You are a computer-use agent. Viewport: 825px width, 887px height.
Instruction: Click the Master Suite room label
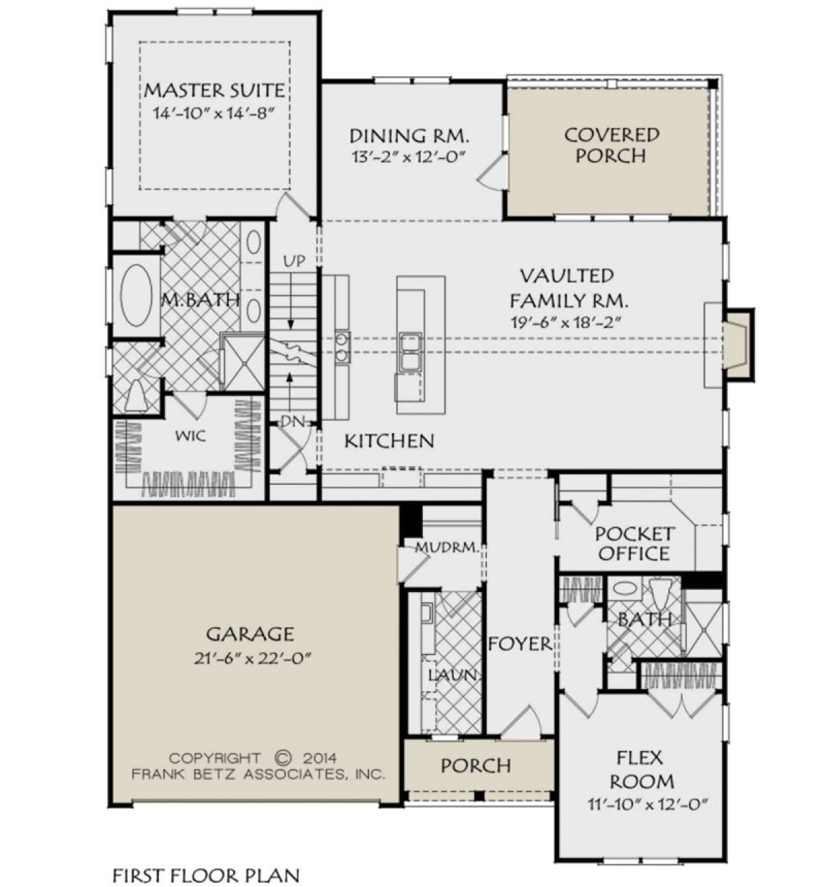pos(214,91)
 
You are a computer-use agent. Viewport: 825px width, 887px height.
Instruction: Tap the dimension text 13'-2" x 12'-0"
pos(408,157)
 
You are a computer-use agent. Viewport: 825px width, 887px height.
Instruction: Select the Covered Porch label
pos(611,145)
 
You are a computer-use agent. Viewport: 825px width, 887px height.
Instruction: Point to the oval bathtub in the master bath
pos(136,295)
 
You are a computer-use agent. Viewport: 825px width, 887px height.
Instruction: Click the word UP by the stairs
pos(294,261)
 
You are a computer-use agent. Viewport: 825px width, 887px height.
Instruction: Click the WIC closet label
pos(190,435)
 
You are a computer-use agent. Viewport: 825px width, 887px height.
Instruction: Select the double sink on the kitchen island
pos(410,352)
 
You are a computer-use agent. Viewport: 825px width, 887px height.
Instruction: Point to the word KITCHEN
pos(389,441)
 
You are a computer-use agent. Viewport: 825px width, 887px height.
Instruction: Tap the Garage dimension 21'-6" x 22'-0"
pos(252,658)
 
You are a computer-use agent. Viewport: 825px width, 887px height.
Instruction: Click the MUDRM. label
pos(447,547)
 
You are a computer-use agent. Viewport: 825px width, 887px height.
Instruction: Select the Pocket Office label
pos(635,543)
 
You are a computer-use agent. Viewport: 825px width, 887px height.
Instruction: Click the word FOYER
pos(520,644)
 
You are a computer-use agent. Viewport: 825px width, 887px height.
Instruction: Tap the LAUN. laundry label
pos(452,675)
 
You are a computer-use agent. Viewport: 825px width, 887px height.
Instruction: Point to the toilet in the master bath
pos(136,395)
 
